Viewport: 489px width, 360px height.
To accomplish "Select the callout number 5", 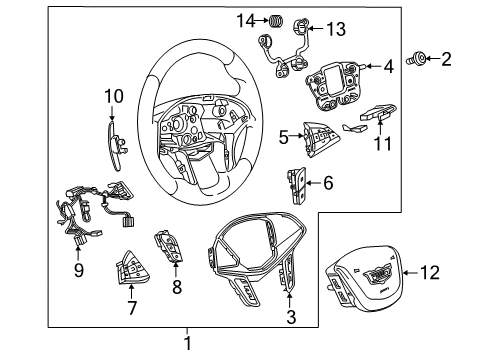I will coord(285,136).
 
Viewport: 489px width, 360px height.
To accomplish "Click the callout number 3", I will coord(291,317).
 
